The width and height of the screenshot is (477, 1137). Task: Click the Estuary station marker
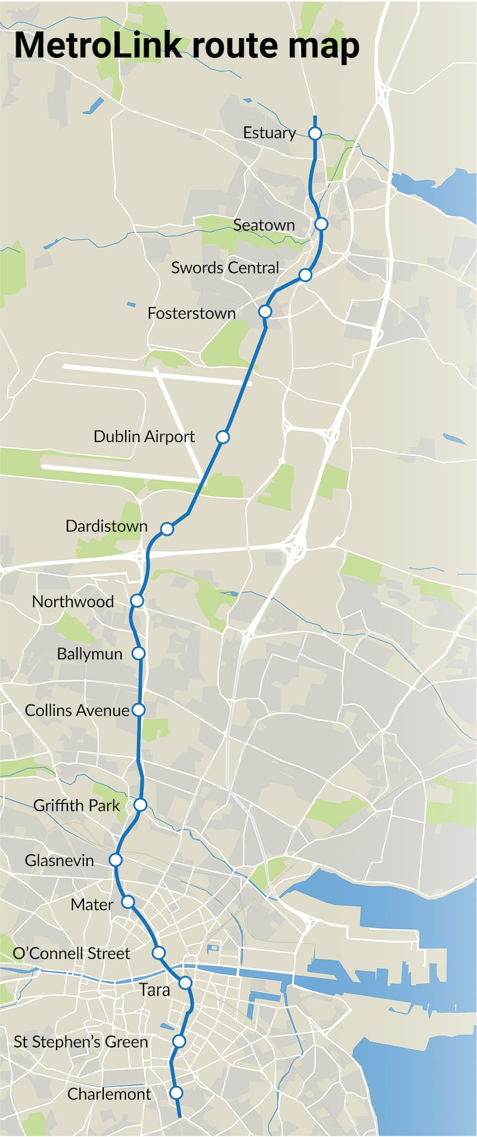(315, 133)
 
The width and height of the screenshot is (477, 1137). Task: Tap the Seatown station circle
(321, 224)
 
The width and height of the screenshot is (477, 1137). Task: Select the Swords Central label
(225, 268)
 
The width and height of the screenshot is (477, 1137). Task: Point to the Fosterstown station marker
(265, 311)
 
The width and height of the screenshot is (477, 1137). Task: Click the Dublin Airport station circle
(222, 437)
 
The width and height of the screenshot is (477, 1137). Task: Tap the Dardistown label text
(106, 526)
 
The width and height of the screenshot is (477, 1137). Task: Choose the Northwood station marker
(137, 600)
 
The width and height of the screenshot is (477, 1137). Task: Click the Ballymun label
(89, 654)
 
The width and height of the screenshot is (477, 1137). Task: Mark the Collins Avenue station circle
(138, 709)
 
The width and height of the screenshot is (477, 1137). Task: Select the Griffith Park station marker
(140, 805)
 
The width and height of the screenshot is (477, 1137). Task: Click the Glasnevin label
(59, 860)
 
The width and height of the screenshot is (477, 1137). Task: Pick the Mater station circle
(128, 902)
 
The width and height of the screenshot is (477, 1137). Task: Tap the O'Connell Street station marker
(159, 952)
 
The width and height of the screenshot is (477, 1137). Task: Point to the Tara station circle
(185, 982)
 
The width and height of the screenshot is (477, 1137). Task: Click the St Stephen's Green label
(80, 1042)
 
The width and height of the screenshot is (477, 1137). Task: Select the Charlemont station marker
(176, 1093)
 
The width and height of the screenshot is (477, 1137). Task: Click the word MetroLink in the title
(98, 45)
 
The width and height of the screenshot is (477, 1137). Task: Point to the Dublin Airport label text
(144, 437)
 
